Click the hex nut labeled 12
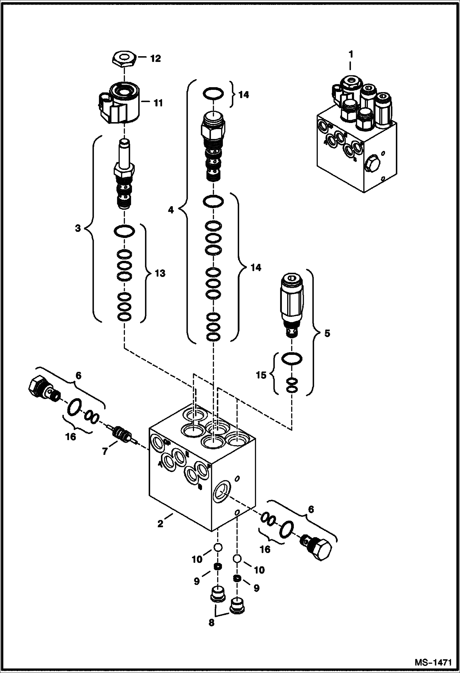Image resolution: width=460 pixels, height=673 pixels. pyautogui.click(x=124, y=58)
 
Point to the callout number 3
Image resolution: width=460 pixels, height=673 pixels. pyautogui.click(x=78, y=229)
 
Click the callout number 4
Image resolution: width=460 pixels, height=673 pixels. pyautogui.click(x=171, y=210)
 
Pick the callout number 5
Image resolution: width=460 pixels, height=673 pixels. pyautogui.click(x=327, y=333)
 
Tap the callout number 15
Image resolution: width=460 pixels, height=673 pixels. pyautogui.click(x=261, y=375)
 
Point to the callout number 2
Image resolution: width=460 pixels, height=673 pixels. pyautogui.click(x=160, y=524)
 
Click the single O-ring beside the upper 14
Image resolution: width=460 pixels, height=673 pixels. pyautogui.click(x=212, y=94)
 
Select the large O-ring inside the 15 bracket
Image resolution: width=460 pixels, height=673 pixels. pyautogui.click(x=292, y=358)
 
